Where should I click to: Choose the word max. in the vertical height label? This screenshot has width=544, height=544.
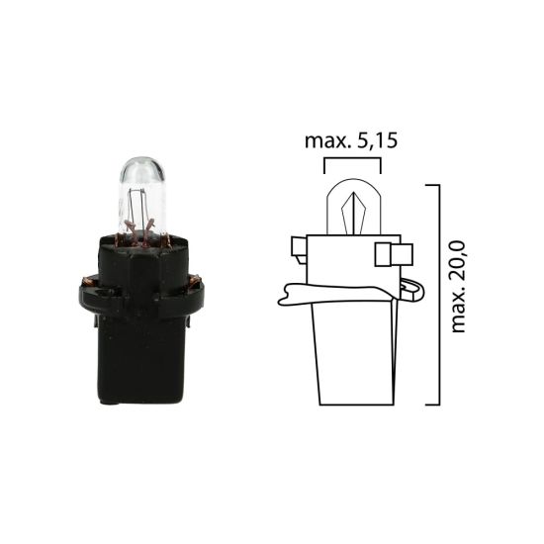(458, 309)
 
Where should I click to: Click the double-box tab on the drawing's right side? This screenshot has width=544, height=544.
(392, 255)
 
